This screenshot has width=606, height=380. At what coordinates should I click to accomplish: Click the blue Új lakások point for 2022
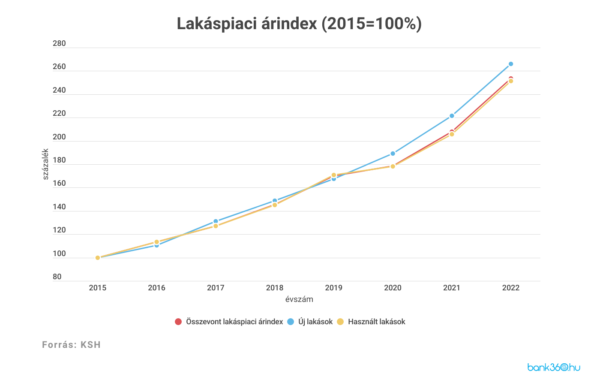510,64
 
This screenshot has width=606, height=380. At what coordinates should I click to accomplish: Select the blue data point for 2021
452,116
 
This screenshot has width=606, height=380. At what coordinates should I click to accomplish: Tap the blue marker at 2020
393,154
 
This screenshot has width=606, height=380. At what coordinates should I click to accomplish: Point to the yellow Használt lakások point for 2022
510,81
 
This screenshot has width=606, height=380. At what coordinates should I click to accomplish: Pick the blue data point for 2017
216,221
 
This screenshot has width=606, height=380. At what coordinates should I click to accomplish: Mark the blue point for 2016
156,245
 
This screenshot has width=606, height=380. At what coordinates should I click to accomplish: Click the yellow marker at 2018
275,205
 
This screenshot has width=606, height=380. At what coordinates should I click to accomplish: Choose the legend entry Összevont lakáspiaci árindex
229,322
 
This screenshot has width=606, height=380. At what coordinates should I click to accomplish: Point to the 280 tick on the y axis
59,43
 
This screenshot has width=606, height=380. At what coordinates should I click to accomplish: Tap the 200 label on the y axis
59,137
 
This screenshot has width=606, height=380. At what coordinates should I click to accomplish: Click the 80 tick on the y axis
57,277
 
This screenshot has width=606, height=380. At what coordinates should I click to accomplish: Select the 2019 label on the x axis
333,288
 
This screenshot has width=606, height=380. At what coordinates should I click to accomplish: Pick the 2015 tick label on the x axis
98,288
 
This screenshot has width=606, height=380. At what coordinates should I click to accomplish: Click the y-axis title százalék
45,164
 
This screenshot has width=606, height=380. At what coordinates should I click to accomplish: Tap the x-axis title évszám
299,299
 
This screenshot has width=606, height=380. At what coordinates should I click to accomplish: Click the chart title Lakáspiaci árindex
299,24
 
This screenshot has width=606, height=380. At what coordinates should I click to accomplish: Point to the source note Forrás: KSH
71,345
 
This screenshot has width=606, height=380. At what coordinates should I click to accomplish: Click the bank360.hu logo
554,367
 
